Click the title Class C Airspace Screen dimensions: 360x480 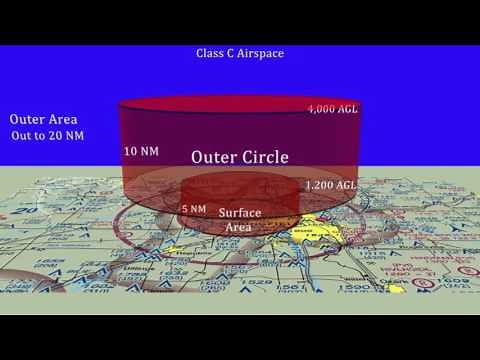(x=240, y=52)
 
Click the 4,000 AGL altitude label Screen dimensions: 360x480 (x=332, y=107)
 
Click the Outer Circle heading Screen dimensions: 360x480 (x=240, y=157)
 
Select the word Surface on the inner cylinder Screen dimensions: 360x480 (x=239, y=213)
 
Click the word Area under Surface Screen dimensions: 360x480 (x=239, y=227)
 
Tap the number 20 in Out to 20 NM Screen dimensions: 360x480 (x=62, y=134)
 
